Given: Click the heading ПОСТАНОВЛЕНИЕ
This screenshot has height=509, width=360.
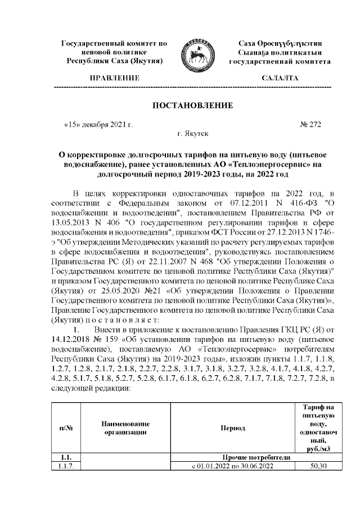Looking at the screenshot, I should tap(193, 105).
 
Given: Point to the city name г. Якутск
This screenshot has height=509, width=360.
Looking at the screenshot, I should tap(193, 134).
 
